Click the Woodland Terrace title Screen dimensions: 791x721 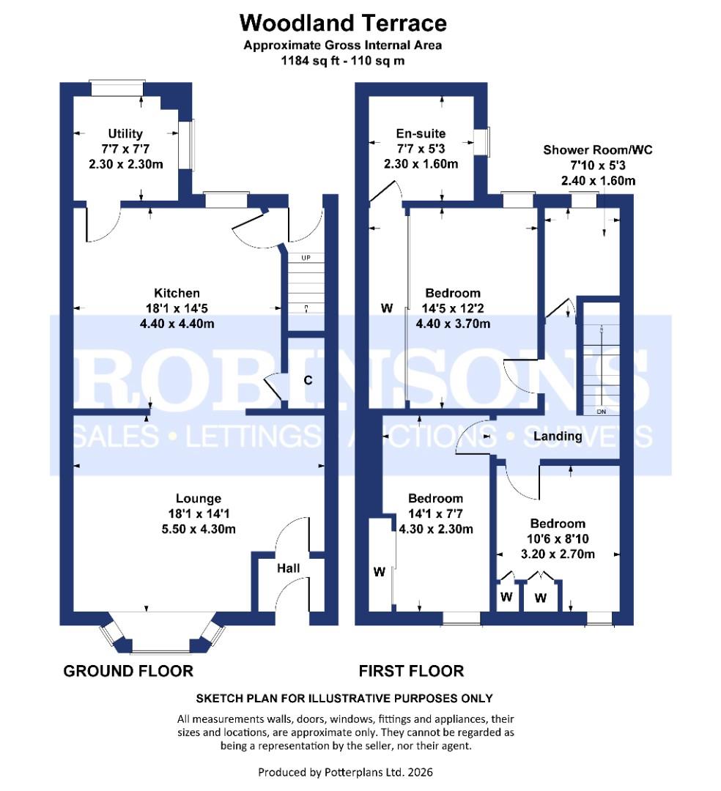[x=343, y=23]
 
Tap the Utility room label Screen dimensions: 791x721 [x=125, y=133]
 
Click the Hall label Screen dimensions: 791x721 [x=288, y=568]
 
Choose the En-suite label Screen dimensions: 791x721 [x=421, y=133]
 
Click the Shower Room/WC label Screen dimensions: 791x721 [x=597, y=150]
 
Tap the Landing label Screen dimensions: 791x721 [x=558, y=437]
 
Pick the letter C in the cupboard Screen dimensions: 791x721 [x=308, y=380]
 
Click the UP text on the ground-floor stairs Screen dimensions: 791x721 [x=306, y=258]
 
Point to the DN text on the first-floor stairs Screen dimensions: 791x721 [x=602, y=412]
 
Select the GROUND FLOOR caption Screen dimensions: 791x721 [x=128, y=671]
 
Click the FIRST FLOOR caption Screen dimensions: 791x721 [x=410, y=671]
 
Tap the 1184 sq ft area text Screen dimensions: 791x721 [x=343, y=61]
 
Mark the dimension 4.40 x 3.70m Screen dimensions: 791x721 [x=453, y=324]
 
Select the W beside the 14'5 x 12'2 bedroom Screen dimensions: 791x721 [x=386, y=308]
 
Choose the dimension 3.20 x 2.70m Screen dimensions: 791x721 [x=558, y=554]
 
